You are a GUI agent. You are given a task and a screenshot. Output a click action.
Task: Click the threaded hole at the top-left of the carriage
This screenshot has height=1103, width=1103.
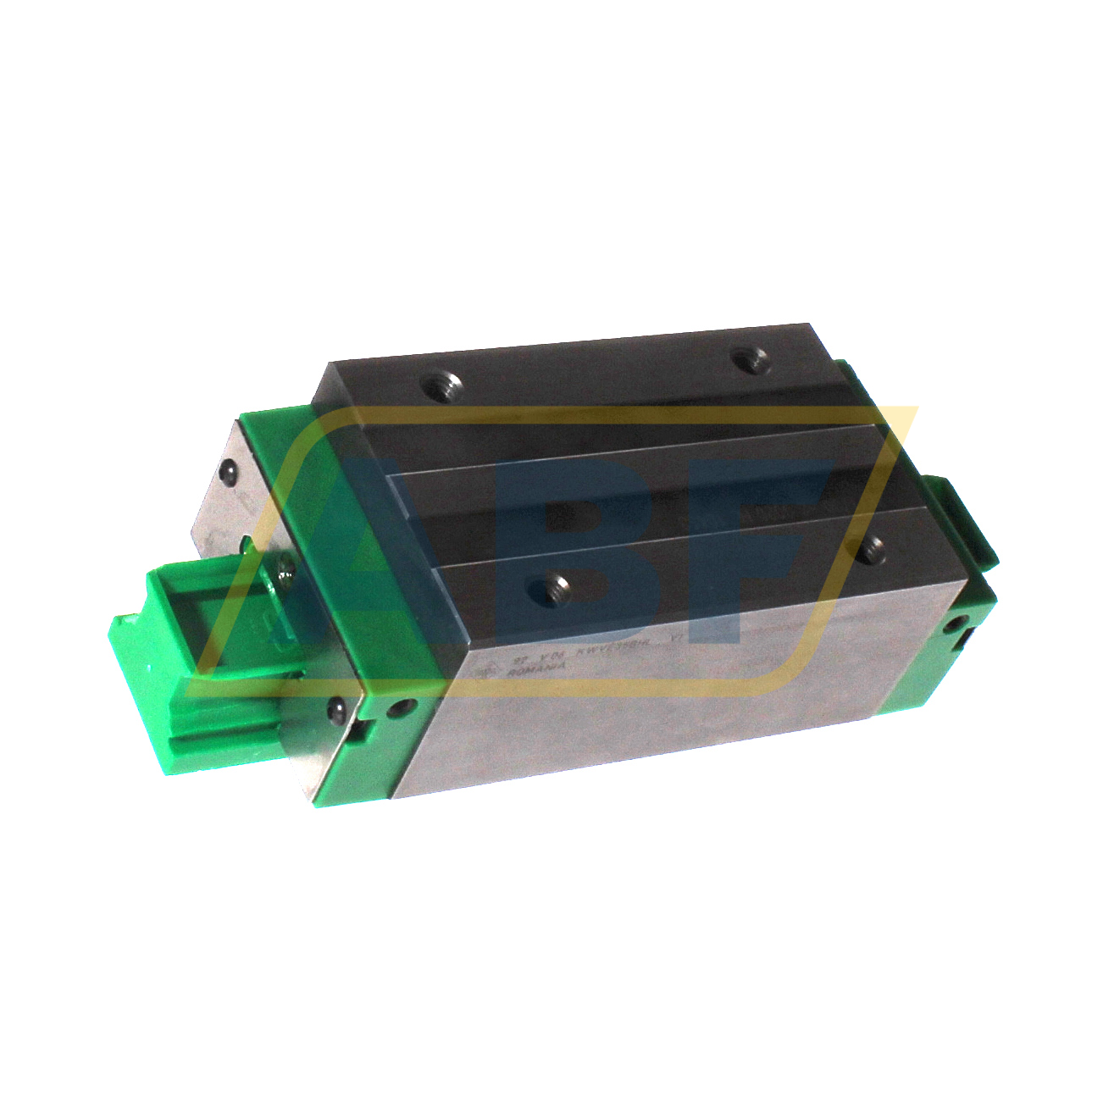click(x=441, y=386)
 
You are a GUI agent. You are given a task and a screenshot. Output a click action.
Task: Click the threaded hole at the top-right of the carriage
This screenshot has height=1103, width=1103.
click(x=749, y=360)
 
